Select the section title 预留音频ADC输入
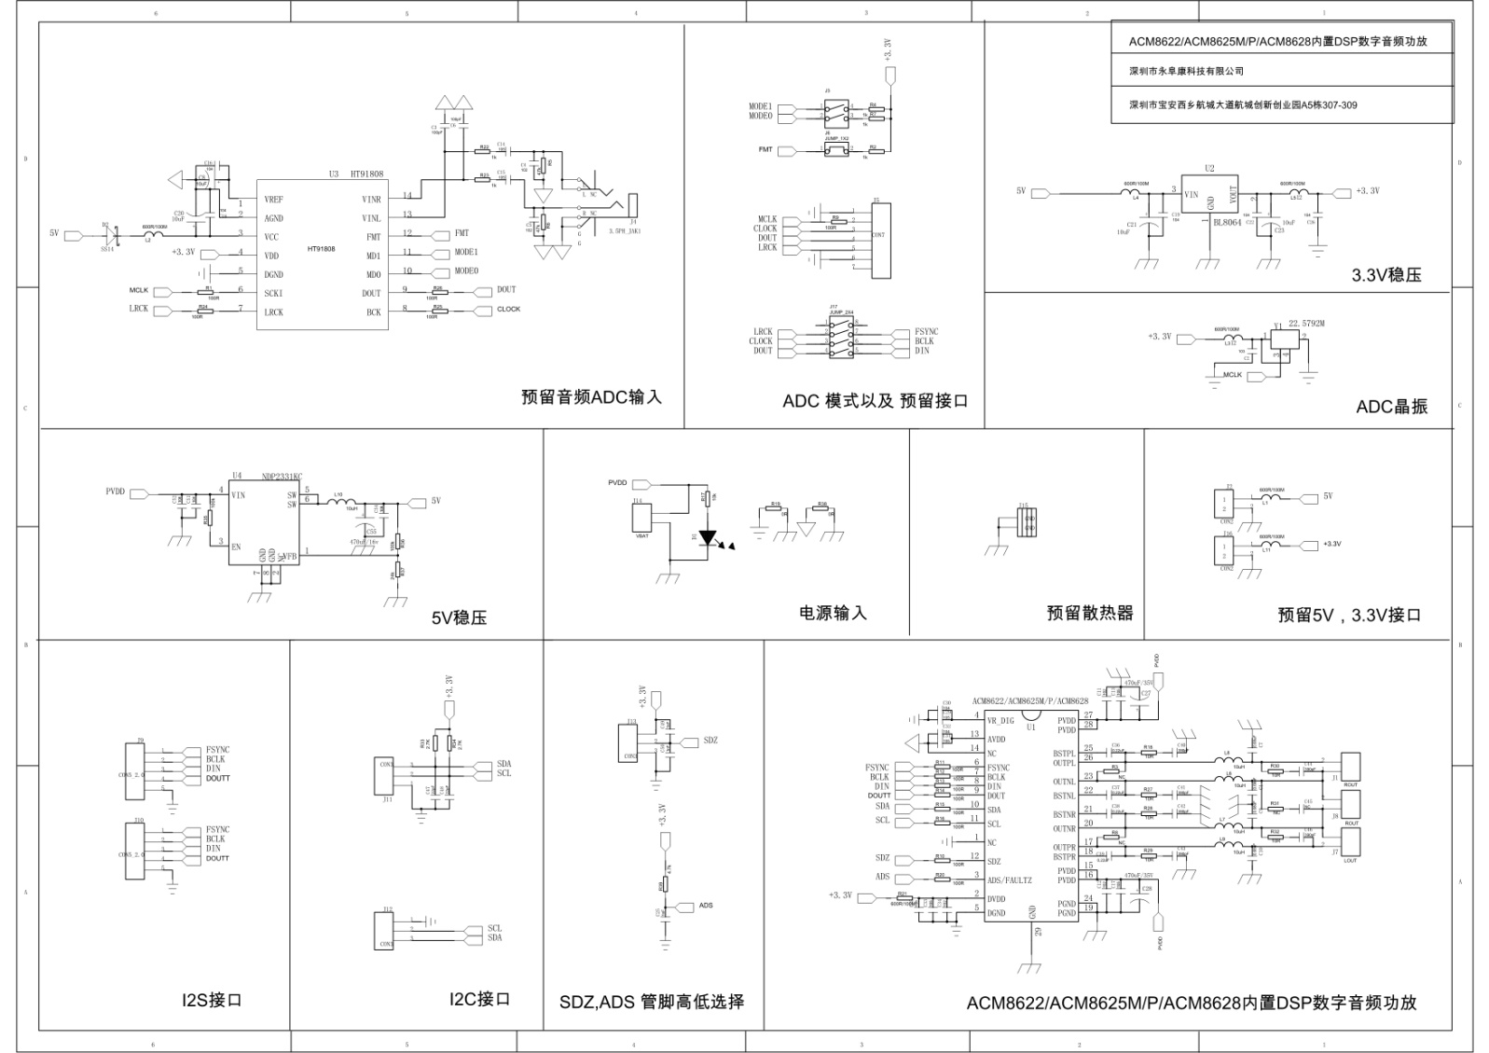[591, 396]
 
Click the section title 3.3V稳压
[1386, 275]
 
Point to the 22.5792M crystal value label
[1306, 324]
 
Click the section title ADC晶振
[1391, 407]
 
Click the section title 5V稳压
[459, 617]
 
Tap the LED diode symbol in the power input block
[708, 538]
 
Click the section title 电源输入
[833, 613]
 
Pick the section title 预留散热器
[1089, 613]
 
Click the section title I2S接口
[212, 1000]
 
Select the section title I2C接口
[479, 999]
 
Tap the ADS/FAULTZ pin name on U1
[1009, 880]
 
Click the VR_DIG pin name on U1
[1000, 721]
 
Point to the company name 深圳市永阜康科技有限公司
[1186, 71]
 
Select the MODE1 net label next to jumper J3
[760, 106]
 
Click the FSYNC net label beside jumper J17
[926, 332]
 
